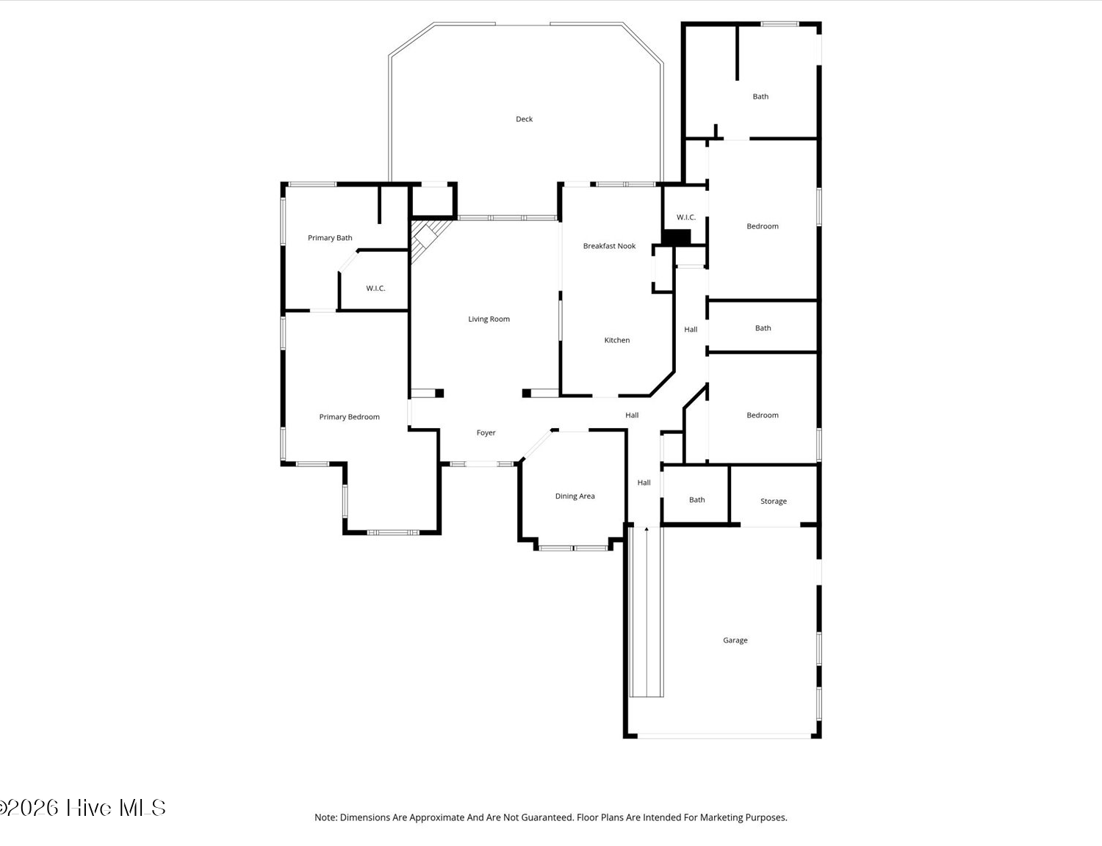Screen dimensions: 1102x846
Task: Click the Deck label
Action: [524, 119]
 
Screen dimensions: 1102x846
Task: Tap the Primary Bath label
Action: [330, 238]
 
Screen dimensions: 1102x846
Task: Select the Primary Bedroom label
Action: [349, 416]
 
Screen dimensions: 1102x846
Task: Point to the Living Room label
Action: [489, 319]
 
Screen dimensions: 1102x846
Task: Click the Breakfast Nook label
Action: [609, 246]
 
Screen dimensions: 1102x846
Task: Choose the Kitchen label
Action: [616, 340]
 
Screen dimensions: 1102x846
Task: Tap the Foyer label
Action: [486, 433]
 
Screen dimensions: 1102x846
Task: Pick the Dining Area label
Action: [575, 496]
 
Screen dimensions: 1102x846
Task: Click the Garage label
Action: [735, 640]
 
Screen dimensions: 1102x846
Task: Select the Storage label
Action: [774, 501]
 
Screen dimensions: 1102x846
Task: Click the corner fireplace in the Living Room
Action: [427, 237]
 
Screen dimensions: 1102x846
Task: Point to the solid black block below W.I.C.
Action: [676, 236]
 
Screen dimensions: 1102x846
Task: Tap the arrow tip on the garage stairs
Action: [647, 529]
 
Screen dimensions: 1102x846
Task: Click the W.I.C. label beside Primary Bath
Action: [375, 289]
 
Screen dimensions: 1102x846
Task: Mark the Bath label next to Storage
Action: [696, 500]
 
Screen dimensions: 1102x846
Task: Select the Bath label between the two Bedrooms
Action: [763, 328]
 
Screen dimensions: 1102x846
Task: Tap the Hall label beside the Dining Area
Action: [644, 482]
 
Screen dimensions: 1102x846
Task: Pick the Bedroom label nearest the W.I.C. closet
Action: [763, 226]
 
